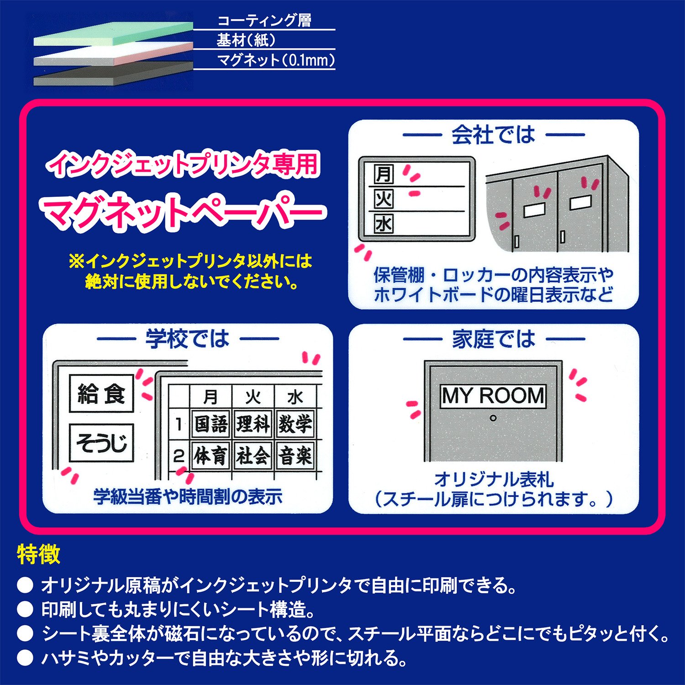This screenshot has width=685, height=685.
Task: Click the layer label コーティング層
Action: (264, 21)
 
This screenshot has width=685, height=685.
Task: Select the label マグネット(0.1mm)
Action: (275, 60)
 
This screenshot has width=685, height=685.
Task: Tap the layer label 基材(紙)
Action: (246, 40)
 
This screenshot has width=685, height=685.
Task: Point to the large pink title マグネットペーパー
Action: (183, 212)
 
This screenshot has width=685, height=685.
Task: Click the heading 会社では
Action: (493, 135)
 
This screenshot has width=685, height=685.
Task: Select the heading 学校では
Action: (187, 339)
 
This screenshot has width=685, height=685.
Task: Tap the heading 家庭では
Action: (494, 339)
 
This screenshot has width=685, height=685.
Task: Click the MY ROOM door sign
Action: (493, 395)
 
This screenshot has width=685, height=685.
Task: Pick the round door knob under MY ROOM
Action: (493, 418)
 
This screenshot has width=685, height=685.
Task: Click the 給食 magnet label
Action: (101, 393)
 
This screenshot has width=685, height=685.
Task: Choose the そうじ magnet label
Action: (101, 443)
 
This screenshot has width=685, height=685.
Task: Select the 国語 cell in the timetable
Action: (211, 424)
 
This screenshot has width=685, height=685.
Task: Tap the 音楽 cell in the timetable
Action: (295, 456)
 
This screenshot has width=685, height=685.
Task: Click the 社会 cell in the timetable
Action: (253, 456)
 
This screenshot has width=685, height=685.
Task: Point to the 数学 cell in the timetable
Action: (295, 424)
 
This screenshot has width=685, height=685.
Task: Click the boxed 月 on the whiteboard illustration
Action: (384, 174)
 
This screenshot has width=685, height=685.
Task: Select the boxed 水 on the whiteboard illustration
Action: (384, 224)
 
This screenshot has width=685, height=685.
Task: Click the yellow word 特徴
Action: (39, 554)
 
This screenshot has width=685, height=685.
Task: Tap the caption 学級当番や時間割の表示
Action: (188, 496)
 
